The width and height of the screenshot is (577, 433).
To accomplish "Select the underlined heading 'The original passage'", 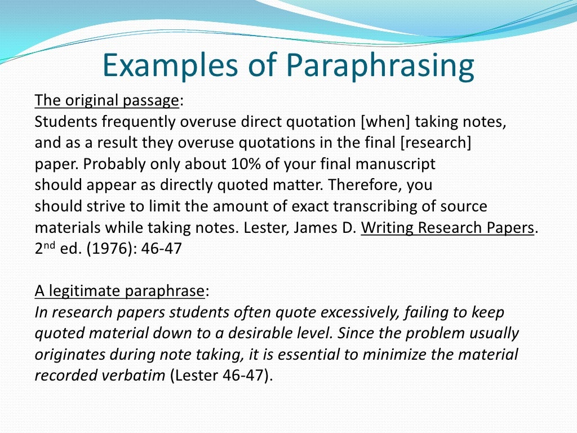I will [106, 100].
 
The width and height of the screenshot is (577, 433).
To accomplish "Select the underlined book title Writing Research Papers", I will [447, 228].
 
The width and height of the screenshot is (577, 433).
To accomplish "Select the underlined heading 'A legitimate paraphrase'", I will [119, 291].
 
